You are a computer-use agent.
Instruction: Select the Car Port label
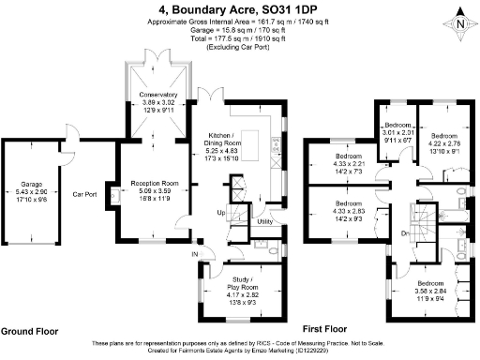click(86, 196)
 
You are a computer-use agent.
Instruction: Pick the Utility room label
click(265, 221)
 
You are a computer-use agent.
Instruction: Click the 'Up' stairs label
click(221, 214)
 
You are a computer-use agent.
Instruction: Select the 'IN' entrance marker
click(195, 254)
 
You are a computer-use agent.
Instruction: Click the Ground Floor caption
click(31, 332)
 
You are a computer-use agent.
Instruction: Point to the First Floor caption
click(325, 330)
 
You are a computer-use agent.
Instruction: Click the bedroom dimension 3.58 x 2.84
click(429, 291)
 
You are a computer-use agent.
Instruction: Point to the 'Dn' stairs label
click(403, 233)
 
